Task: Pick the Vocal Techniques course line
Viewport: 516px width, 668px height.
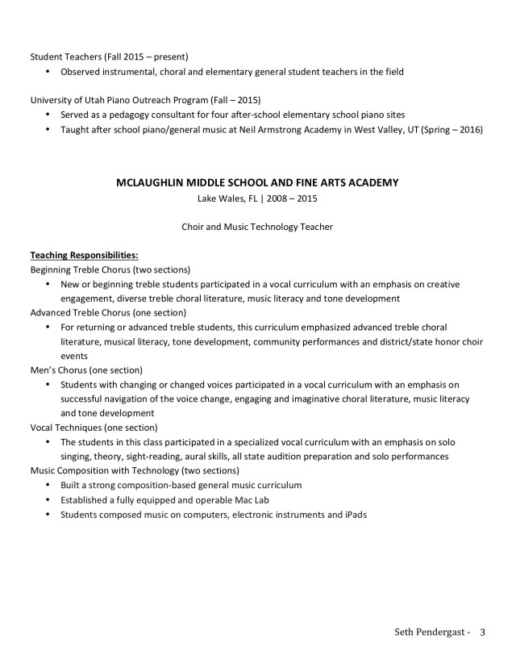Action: click(x=94, y=427)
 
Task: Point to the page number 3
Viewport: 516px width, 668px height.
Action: click(x=482, y=632)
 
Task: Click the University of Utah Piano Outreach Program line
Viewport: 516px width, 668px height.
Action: click(x=144, y=100)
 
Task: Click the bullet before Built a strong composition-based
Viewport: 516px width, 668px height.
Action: click(x=49, y=485)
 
